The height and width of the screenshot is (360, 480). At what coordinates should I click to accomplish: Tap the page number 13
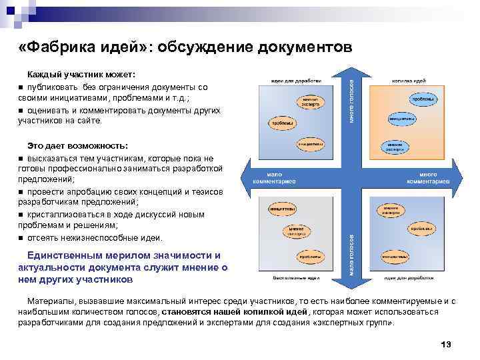coord(446,344)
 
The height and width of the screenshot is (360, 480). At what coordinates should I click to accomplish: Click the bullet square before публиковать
coord(21,87)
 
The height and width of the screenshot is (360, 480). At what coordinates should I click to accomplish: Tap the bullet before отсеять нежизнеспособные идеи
coord(21,238)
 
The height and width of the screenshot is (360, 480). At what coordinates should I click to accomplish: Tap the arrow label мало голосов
coord(352,254)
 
